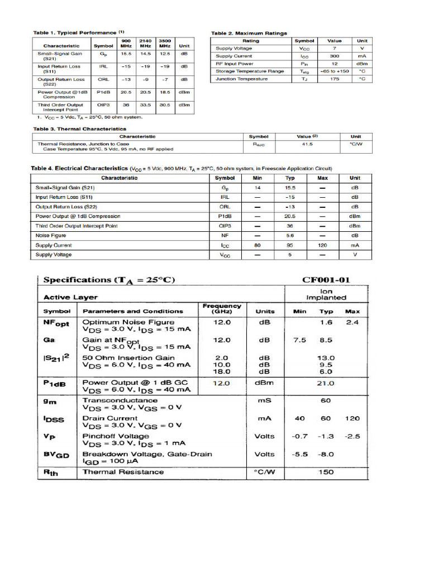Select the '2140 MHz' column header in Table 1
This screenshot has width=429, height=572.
[x=146, y=44]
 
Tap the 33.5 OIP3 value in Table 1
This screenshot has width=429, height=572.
[x=146, y=105]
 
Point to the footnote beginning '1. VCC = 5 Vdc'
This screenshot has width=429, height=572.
[x=90, y=117]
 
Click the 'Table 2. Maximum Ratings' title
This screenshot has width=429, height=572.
[x=249, y=33]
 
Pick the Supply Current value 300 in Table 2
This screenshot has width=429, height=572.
[x=334, y=56]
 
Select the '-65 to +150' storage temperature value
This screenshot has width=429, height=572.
[x=334, y=71]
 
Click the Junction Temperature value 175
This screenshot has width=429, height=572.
[x=334, y=79]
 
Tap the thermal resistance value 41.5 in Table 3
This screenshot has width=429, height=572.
[x=307, y=144]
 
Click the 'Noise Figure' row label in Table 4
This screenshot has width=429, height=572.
[x=50, y=236]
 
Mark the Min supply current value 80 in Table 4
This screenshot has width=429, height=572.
[x=258, y=245]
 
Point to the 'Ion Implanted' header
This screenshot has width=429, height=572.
[x=326, y=294]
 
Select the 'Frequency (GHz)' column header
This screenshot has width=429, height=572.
[x=222, y=308]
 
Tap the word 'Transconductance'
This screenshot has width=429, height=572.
[x=120, y=401]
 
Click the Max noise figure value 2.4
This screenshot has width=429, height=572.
[x=352, y=322]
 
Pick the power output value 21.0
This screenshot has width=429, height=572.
[x=326, y=383]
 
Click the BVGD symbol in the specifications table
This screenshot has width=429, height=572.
[x=56, y=455]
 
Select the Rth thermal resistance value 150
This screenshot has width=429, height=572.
[x=326, y=472]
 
